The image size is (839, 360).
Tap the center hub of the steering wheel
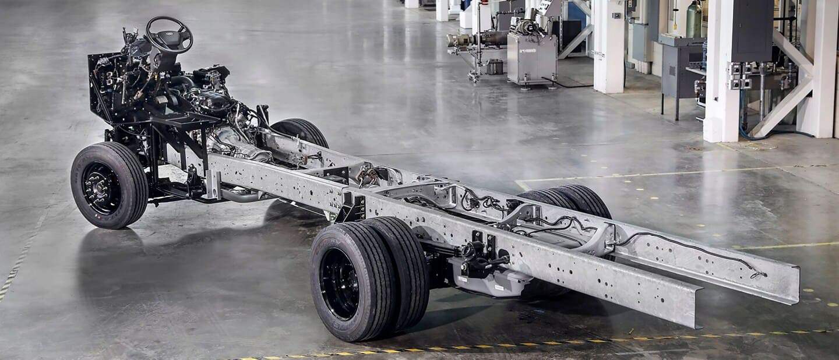click(170, 36)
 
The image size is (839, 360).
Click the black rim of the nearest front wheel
click(101, 188)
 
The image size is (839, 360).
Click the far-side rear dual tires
click(574, 202)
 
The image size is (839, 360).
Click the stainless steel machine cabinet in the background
click(531, 58)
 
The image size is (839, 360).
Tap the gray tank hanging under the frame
click(489, 280)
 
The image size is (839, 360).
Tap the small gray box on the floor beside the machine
click(495, 67)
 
